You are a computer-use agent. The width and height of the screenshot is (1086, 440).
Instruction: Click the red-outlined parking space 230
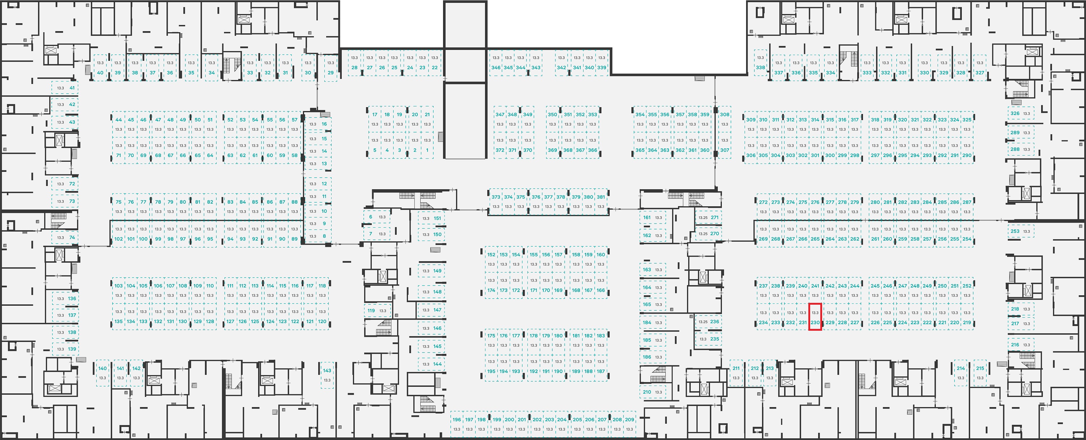[x=815, y=316]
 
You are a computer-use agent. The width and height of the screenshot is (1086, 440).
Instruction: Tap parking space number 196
[x=457, y=424]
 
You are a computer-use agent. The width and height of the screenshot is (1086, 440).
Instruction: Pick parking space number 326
[x=1020, y=113]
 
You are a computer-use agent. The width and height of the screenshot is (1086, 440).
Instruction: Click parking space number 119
[x=377, y=310]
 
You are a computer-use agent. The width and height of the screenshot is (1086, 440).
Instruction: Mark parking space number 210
[x=653, y=392]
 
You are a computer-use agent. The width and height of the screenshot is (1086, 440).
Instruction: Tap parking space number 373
[x=496, y=202]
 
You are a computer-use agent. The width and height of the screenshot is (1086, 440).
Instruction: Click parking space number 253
[x=1020, y=231]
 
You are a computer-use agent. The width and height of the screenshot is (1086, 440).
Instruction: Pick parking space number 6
[x=376, y=217]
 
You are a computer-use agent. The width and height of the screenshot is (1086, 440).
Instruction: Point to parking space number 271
[x=709, y=217]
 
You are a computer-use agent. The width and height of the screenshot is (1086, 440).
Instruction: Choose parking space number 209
[x=630, y=424]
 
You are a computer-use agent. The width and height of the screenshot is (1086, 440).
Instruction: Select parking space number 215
[x=980, y=373]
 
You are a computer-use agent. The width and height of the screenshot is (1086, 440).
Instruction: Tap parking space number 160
[x=601, y=259]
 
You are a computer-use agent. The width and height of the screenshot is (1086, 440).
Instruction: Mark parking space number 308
[x=725, y=119]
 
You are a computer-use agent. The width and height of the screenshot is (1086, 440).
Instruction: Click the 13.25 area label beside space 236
[x=703, y=322]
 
